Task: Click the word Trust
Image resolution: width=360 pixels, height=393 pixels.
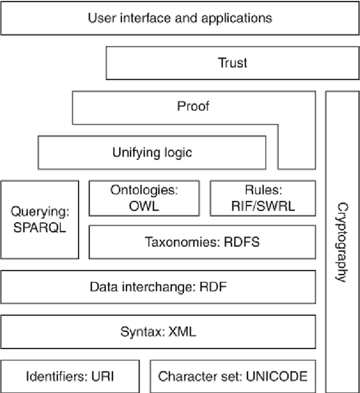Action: (x=232, y=62)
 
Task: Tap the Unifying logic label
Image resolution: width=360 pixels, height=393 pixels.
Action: (x=152, y=152)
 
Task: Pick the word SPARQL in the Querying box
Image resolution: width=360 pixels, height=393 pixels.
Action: (x=39, y=228)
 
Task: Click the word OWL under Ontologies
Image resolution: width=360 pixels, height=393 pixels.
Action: (x=145, y=206)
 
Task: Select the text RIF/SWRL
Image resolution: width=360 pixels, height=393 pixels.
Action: (x=262, y=206)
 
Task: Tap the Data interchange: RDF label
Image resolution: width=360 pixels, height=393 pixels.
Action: (x=158, y=287)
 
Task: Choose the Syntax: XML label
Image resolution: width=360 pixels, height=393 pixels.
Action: (x=158, y=331)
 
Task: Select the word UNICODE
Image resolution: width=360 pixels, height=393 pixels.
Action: (x=278, y=376)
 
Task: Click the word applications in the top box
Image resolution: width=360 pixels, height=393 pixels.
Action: (x=235, y=17)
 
